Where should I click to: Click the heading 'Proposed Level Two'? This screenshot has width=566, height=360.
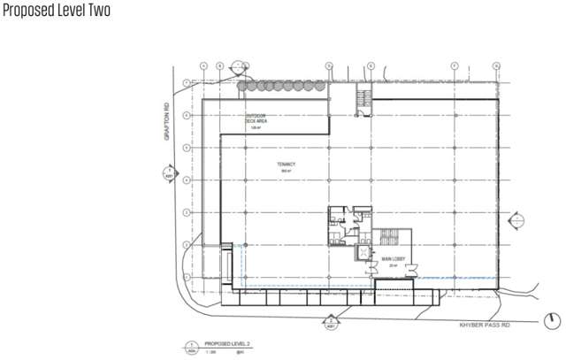click(x=57, y=14)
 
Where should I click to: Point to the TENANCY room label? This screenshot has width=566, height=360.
click(x=284, y=165)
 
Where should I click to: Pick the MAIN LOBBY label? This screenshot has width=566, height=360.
click(x=394, y=259)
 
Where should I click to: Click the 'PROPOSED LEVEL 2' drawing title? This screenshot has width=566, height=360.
click(x=227, y=343)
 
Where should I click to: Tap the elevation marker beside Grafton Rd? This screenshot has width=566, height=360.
click(x=167, y=172)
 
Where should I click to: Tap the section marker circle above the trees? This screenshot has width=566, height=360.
click(x=239, y=67)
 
